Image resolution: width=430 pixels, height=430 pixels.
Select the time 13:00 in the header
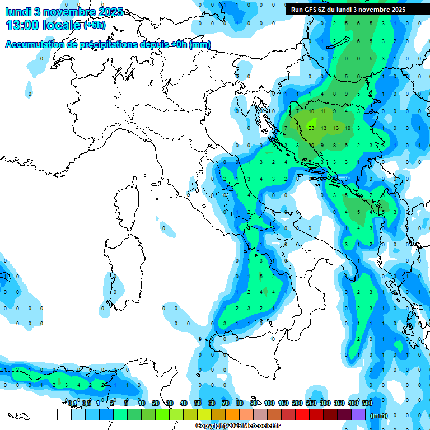coord(23,25)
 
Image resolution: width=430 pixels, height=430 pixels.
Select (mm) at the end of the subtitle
coord(200,44)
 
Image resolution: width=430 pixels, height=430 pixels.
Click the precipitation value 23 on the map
coord(311,128)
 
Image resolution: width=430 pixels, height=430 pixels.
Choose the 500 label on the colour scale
coord(367,404)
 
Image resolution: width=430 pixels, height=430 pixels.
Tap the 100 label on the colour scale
coord(269,404)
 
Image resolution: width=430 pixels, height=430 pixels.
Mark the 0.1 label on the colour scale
coord(72,404)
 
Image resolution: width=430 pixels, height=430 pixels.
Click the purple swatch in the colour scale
coord(358,414)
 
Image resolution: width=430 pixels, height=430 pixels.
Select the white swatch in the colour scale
coord(64,414)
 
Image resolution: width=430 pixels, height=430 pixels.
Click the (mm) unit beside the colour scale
coord(379,415)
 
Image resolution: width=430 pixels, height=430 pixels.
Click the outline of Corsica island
coord(127,202)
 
